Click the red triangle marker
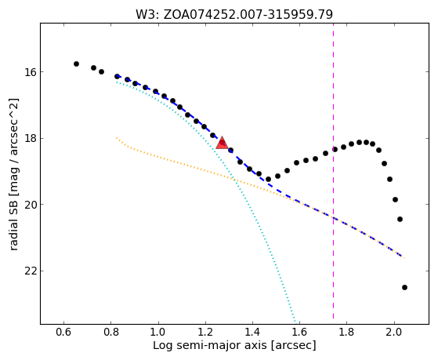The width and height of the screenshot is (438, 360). tap(222, 143)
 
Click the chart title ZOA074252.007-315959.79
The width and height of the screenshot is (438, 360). tap(248, 15)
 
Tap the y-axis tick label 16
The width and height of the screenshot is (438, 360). tap(31, 72)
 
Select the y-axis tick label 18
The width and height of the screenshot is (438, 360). tap(31, 139)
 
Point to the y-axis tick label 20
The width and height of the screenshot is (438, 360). tap(31, 205)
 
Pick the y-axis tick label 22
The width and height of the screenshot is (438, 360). tap(31, 271)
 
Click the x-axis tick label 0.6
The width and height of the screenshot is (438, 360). tap(63, 333)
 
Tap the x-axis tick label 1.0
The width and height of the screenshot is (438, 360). tap(158, 333)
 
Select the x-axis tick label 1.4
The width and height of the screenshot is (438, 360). tap(252, 333)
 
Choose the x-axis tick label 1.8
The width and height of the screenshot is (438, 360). tap(346, 333)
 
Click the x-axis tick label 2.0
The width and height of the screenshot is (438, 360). tap(394, 333)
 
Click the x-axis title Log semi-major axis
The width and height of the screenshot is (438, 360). tap(210, 346)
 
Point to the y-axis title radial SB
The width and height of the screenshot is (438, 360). tap(13, 227)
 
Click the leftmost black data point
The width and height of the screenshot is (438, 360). tap(76, 64)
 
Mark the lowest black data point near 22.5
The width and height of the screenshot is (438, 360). tap(404, 287)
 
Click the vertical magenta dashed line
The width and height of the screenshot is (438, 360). tap(333, 171)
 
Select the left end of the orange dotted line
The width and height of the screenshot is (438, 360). tap(117, 137)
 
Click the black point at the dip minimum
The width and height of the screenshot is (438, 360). tap(268, 179)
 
